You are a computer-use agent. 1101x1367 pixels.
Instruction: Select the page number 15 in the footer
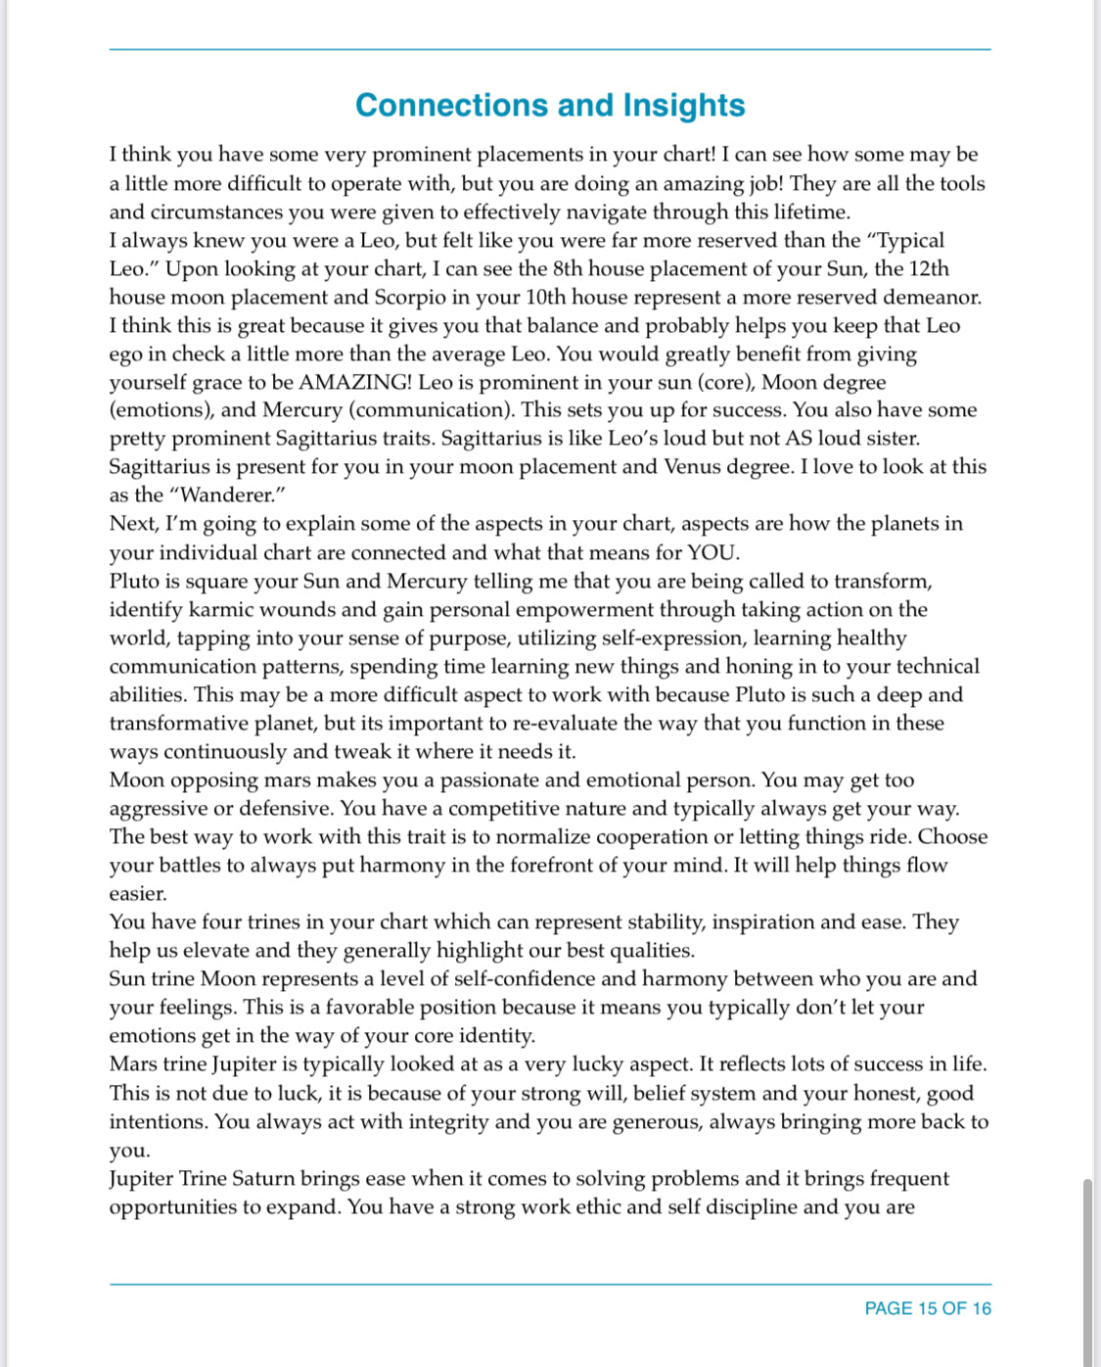click(927, 1308)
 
